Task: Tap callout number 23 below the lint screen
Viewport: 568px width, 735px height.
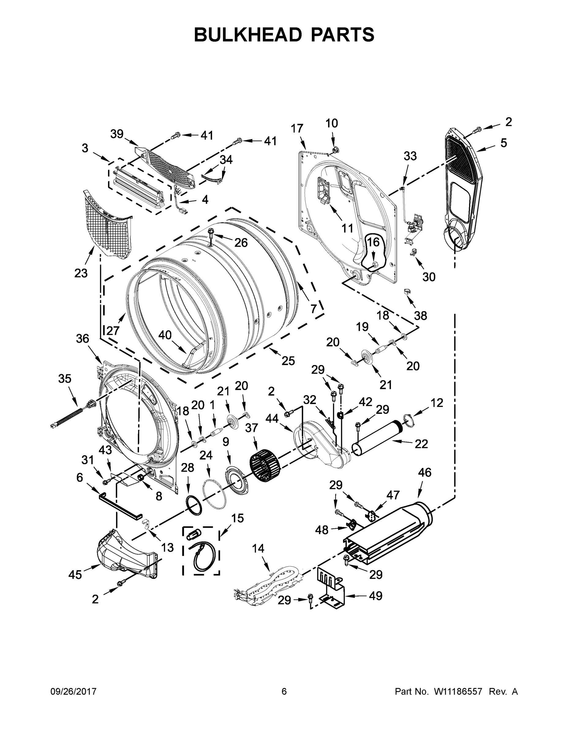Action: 81,273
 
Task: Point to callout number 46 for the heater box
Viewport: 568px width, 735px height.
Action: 424,472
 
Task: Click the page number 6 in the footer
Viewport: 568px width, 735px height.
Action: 284,691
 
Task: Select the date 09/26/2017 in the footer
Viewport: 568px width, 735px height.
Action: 73,692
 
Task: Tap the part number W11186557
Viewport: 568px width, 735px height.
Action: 458,692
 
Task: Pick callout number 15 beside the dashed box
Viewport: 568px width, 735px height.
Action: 237,518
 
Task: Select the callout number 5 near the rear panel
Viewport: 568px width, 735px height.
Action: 503,143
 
